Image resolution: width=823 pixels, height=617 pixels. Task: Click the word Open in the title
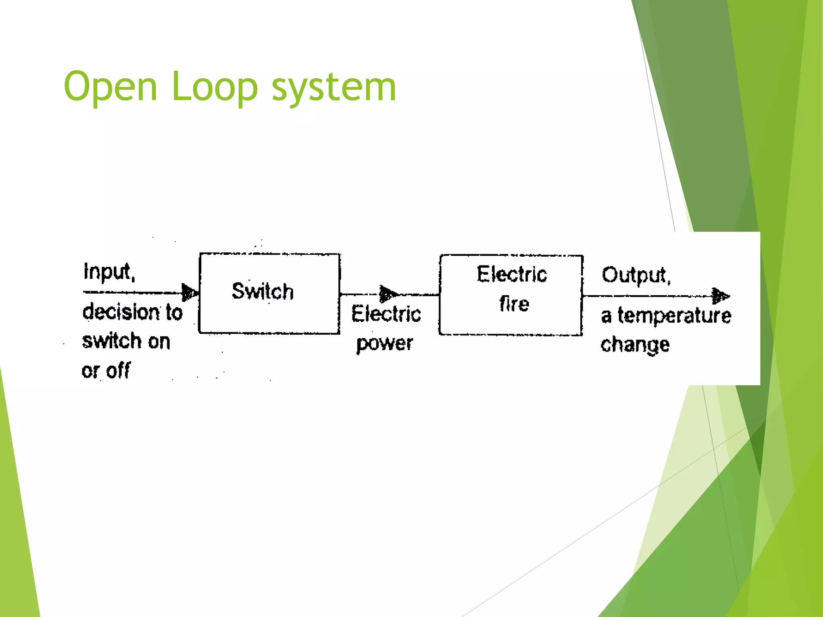coord(110,87)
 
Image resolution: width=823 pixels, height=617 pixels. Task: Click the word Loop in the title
coord(214,87)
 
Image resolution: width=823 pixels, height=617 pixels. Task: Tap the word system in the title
coord(334,87)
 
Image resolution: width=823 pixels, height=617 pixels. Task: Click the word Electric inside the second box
coord(512,274)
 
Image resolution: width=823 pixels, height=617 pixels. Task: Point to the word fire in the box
coord(514,304)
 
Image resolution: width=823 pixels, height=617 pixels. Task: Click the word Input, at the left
coord(109,272)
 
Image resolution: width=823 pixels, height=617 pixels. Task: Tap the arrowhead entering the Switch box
coord(190,292)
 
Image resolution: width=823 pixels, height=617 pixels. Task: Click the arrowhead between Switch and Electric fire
coord(388,294)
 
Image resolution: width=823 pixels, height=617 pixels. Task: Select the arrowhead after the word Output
coord(720,296)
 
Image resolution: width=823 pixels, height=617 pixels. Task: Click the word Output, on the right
coord(636,275)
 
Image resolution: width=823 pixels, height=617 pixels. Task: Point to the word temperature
coord(674,315)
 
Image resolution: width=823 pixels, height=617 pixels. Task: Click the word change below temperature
coord(635,345)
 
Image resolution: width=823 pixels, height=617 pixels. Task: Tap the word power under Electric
coord(385,343)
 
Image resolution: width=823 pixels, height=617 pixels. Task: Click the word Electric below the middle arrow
coord(386,314)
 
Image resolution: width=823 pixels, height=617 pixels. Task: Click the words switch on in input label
coord(126,341)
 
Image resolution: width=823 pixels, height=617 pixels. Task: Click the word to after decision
coord(174,312)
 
